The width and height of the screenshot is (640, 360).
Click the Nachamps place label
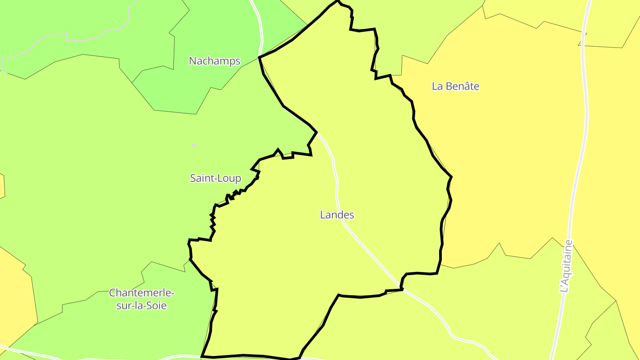click(215, 61)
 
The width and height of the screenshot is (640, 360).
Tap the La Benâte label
click(456, 86)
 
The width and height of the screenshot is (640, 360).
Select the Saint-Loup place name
click(216, 178)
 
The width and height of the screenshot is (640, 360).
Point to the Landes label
click(337, 215)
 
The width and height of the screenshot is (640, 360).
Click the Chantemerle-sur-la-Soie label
click(142, 299)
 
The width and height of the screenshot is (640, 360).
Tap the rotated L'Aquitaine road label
click(566, 266)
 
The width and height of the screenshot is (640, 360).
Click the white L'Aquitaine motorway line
click(585, 111)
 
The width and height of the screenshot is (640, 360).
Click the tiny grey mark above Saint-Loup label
click(194, 145)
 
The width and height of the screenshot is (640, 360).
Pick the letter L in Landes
click(323, 215)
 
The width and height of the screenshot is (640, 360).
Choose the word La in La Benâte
click(437, 86)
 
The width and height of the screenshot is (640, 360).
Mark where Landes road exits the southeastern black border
click(402, 289)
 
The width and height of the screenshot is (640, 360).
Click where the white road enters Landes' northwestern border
click(316, 132)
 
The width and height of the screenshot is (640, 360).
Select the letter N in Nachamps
click(192, 61)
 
